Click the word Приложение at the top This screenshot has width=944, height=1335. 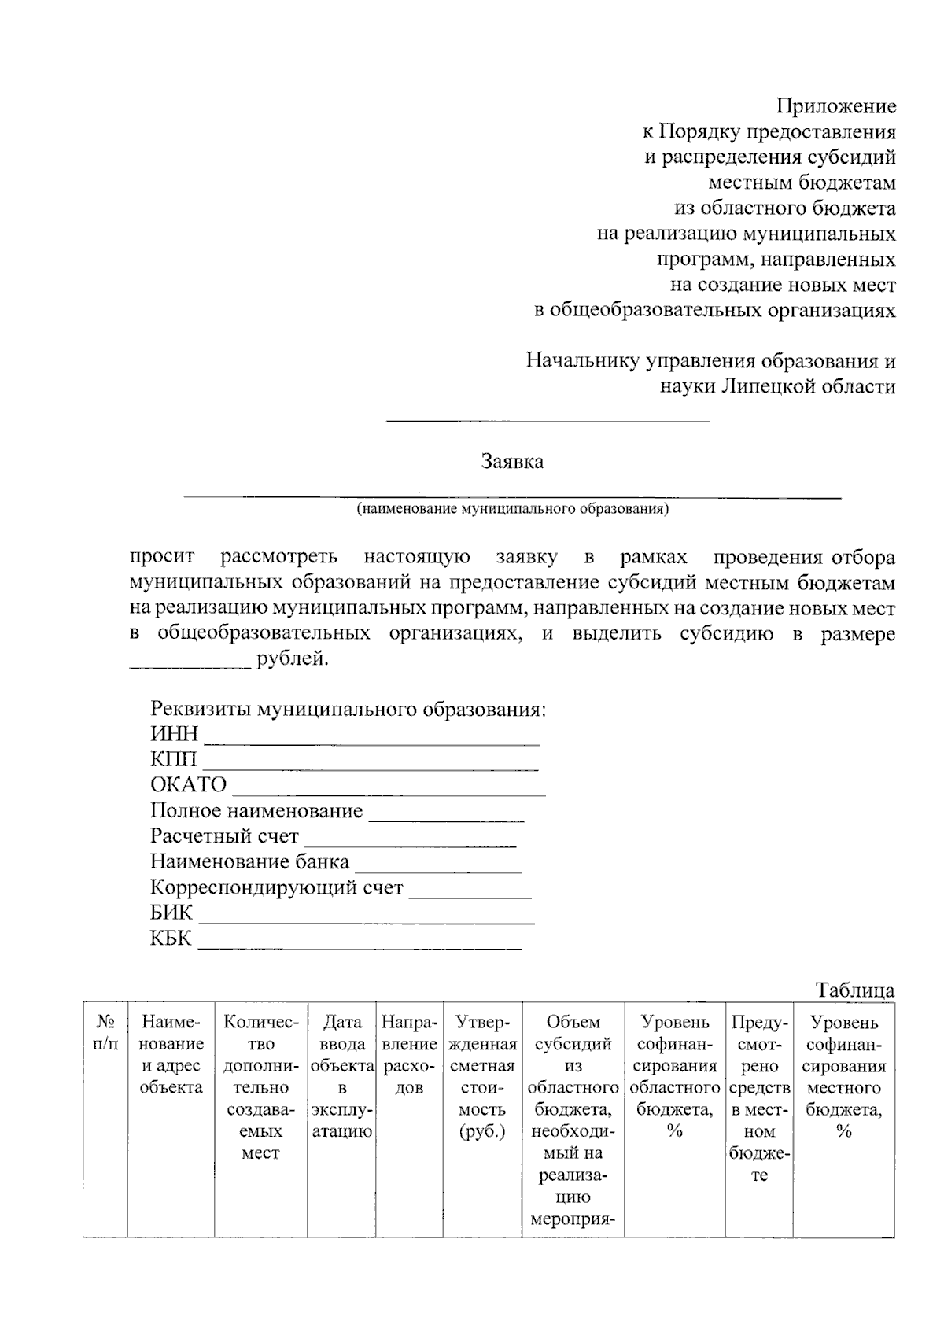pyautogui.click(x=836, y=105)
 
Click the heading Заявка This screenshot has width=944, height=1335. pyautogui.click(x=512, y=461)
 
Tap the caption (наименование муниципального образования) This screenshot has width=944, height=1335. pyautogui.click(x=512, y=509)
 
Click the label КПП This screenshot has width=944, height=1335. pyautogui.click(x=174, y=759)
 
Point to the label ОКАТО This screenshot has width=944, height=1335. pyautogui.click(x=188, y=784)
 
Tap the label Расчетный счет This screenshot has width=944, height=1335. pyautogui.click(x=224, y=835)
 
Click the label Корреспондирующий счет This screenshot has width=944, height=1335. pyautogui.click(x=276, y=887)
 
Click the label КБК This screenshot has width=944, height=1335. pyautogui.click(x=171, y=939)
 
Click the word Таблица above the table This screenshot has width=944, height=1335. pyautogui.click(x=855, y=990)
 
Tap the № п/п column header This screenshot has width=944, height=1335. pyautogui.click(x=105, y=1033)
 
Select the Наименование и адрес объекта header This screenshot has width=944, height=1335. pyautogui.click(x=171, y=1054)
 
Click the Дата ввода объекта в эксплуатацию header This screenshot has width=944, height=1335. pyautogui.click(x=342, y=1076)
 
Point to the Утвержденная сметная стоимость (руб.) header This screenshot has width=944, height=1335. pyautogui.click(x=482, y=1076)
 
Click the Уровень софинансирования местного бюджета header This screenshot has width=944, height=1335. pyautogui.click(x=843, y=1076)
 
